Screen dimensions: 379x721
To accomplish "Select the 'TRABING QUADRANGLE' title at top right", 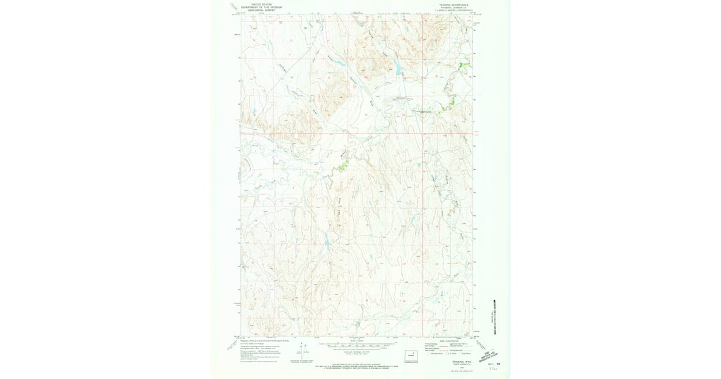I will point(451,4).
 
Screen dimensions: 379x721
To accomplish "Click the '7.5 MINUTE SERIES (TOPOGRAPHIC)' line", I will point(451,10).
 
